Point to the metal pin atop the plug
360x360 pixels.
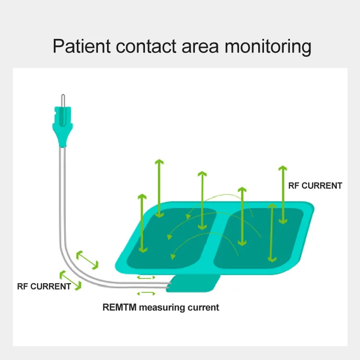tap(62, 101)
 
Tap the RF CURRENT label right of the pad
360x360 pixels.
tap(314, 186)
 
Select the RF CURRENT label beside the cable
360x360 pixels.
tap(44, 287)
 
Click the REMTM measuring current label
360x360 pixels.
tap(160, 307)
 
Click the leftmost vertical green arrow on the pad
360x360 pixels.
tap(142, 223)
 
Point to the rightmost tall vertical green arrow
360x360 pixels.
tap(283, 194)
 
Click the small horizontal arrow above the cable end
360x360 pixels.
tap(146, 277)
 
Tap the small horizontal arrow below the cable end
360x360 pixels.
tap(146, 293)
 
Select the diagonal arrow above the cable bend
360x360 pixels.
tap(87, 259)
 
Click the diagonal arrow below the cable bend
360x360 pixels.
tap(70, 280)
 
